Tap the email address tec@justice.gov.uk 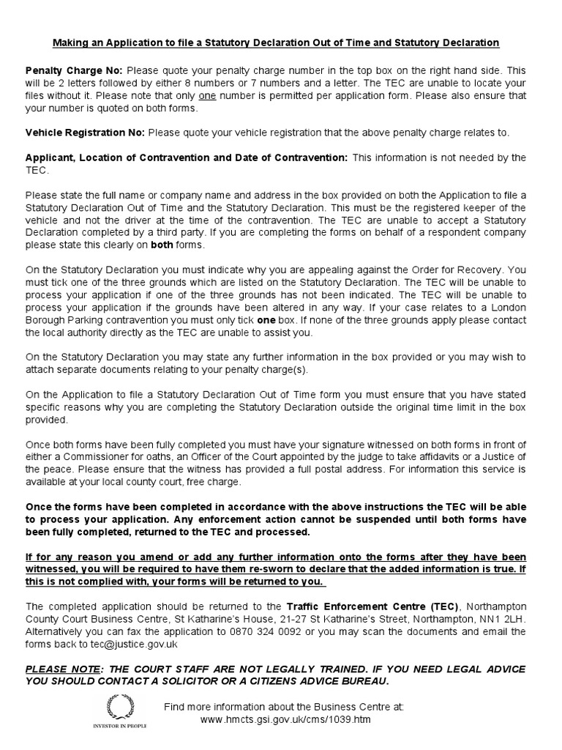(x=124, y=644)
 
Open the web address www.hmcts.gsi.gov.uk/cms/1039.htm (x=285, y=719)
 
